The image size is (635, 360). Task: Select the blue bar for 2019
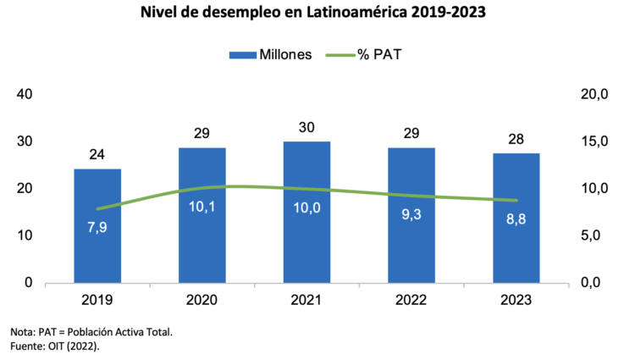pyautogui.click(x=97, y=246)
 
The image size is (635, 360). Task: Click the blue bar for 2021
pyautogui.click(x=306, y=246)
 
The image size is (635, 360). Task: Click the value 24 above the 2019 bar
pyautogui.click(x=97, y=155)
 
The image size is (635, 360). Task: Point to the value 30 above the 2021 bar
pyautogui.click(x=306, y=127)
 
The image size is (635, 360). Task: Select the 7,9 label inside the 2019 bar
pyautogui.click(x=97, y=227)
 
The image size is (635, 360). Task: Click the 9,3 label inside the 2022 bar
pyautogui.click(x=411, y=215)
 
